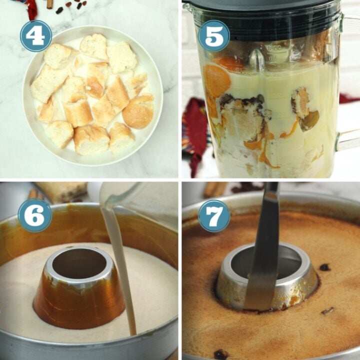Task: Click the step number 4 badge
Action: tap(36, 36)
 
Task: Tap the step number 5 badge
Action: tap(214, 36)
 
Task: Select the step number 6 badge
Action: tap(35, 215)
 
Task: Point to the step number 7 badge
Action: tap(214, 216)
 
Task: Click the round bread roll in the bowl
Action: tap(138, 112)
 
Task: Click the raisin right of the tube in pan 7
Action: tap(324, 267)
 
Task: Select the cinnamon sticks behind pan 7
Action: tap(214, 189)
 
